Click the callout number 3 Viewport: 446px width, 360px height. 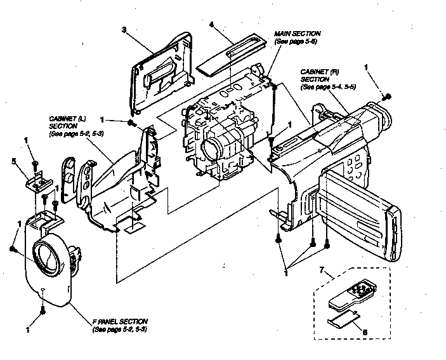[124, 30]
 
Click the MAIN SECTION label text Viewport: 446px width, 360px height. [296, 37]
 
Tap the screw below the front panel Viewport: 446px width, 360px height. [42, 310]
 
